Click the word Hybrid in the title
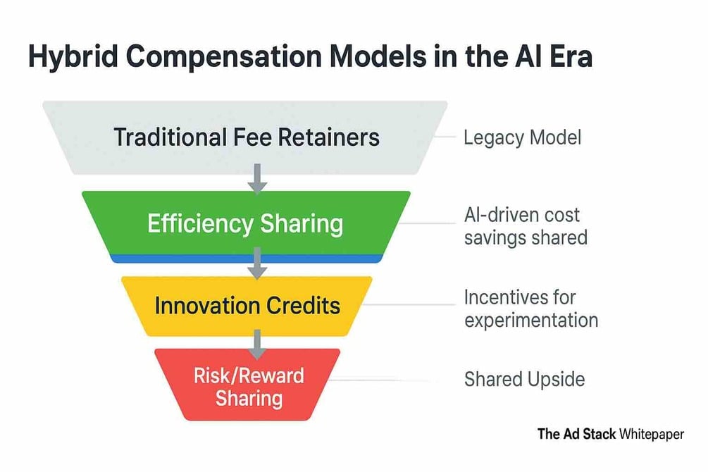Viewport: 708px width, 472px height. [x=73, y=57]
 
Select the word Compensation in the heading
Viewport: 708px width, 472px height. [x=223, y=57]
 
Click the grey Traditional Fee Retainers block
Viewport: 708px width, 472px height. [x=245, y=137]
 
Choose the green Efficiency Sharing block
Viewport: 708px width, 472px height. [x=246, y=223]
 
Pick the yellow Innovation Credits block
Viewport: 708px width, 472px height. [x=247, y=306]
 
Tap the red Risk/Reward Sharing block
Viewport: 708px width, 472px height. [x=247, y=385]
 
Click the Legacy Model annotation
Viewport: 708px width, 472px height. [x=523, y=138]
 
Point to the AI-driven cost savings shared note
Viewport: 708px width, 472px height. [x=526, y=226]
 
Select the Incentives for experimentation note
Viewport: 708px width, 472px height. [x=531, y=309]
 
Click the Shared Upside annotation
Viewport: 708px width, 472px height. [x=525, y=380]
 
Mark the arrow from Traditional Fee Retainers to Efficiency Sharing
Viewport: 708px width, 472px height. [x=257, y=179]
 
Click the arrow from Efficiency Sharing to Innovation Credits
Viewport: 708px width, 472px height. [x=257, y=263]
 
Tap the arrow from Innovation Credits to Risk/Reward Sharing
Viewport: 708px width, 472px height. [x=257, y=344]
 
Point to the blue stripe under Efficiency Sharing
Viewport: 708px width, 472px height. [x=247, y=259]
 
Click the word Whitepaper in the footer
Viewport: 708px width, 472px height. [x=652, y=434]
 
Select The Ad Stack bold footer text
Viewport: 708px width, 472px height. [x=576, y=434]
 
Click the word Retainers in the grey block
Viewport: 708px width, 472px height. [x=329, y=137]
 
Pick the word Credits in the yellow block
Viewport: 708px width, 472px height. [x=302, y=306]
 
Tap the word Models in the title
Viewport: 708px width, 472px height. [x=378, y=56]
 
